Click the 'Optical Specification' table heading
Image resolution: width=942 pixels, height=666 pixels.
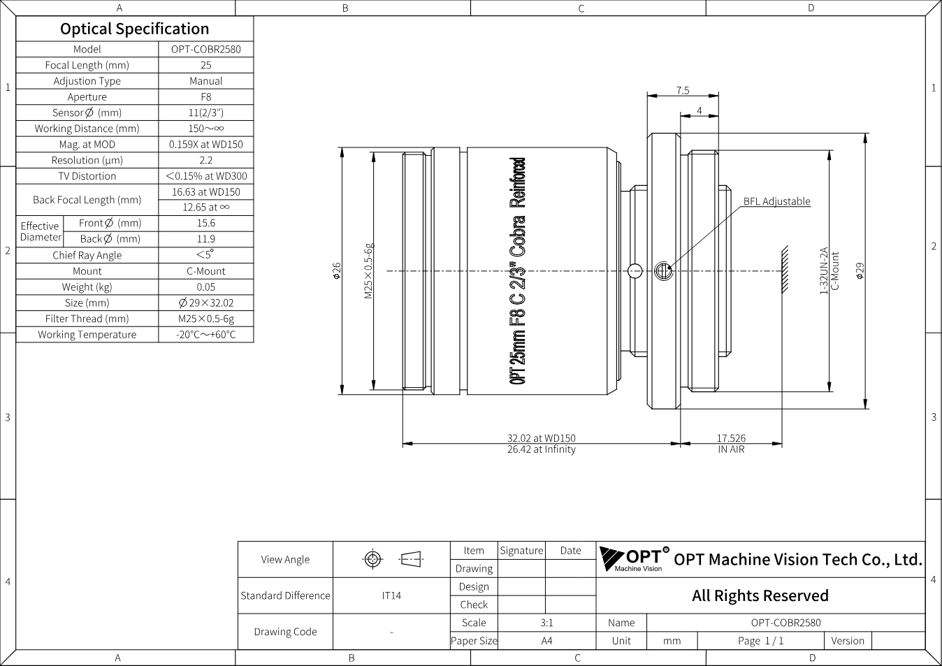[135, 29]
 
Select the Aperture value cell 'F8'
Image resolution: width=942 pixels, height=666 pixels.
[205, 96]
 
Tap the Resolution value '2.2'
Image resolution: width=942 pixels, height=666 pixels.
[205, 160]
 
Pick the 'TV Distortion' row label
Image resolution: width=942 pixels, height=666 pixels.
[87, 175]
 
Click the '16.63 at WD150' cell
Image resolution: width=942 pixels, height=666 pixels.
[205, 191]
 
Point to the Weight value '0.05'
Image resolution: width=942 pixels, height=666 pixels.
[205, 287]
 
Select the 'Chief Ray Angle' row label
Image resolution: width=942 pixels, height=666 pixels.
[87, 255]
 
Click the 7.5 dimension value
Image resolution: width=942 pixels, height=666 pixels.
[683, 90]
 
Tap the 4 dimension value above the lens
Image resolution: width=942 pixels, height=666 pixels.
[700, 110]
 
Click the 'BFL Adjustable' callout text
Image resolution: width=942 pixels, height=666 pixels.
[776, 201]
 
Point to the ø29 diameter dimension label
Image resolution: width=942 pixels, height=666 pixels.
[860, 270]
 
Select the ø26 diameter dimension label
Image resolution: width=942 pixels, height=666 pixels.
[336, 271]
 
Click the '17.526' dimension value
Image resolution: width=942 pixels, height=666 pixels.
[732, 437]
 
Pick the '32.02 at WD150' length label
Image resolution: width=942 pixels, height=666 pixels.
[541, 437]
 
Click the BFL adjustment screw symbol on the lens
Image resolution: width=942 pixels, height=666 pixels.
[664, 271]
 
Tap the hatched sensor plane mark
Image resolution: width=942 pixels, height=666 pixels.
[785, 270]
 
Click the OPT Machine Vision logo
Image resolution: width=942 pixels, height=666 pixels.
[634, 559]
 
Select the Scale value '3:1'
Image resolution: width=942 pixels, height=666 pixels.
[546, 623]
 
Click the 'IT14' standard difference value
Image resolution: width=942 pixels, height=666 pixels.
[391, 595]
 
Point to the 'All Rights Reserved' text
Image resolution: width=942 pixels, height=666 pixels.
[760, 595]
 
